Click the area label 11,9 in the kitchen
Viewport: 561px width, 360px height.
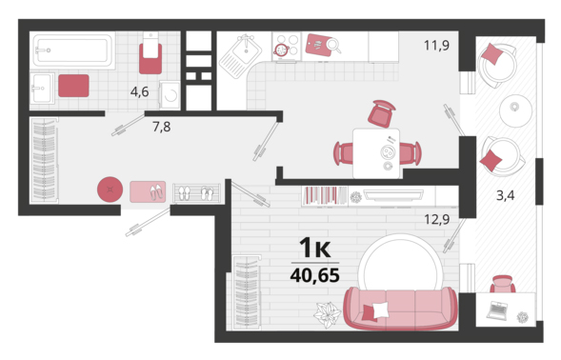point(436,46)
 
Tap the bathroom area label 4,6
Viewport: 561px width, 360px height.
point(139,92)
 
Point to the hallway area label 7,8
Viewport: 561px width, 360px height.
point(161,127)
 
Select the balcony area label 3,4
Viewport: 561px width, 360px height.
point(505,195)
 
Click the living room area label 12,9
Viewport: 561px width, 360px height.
point(436,219)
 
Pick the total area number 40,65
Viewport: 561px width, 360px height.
point(315,275)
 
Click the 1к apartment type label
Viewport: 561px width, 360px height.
point(315,248)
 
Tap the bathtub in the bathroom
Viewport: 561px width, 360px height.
point(72,50)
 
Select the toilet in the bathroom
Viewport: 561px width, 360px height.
point(150,52)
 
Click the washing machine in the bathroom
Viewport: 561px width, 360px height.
point(170,95)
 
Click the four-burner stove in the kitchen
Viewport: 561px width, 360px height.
point(287,46)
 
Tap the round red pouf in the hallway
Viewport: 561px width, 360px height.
point(110,190)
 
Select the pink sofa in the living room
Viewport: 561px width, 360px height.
point(400,308)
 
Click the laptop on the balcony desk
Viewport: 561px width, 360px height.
point(497,310)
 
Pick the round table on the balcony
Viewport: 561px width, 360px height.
point(515,110)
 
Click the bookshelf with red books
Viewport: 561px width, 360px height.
point(324,196)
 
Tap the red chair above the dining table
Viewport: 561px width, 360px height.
point(382,113)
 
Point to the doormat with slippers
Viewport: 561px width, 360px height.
point(148,191)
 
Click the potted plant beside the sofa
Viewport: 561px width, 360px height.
point(327,315)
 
